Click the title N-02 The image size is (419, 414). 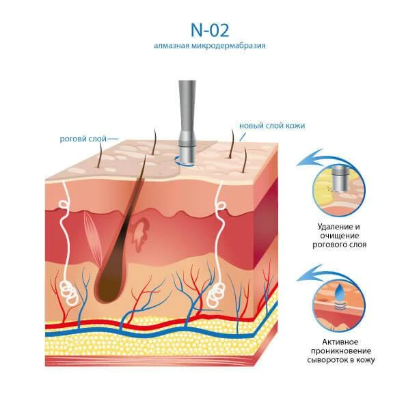[x=210, y=30]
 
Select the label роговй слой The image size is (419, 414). [x=83, y=139]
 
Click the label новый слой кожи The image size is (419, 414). [x=272, y=126]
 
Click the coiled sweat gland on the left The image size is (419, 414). [x=68, y=292]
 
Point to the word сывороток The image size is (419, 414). [x=327, y=360]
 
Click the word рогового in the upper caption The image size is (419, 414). [x=329, y=245]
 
